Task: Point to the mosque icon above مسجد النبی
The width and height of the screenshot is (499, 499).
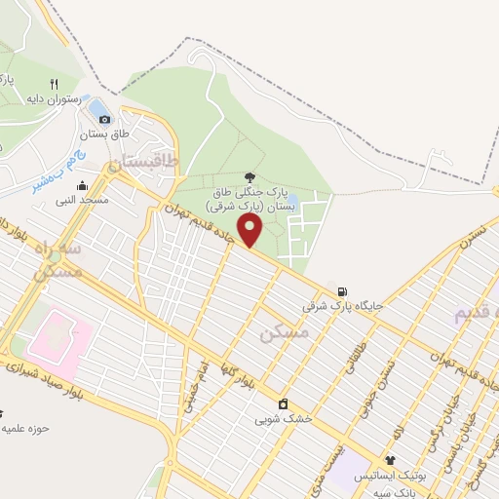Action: [81, 185]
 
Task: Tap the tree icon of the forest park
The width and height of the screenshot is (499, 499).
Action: [250, 177]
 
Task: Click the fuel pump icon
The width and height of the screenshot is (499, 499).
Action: [341, 291]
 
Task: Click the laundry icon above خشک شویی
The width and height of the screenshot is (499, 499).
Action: [283, 404]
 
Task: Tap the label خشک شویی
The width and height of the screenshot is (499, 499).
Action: [284, 420]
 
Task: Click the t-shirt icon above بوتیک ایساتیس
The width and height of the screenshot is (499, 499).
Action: [391, 460]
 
